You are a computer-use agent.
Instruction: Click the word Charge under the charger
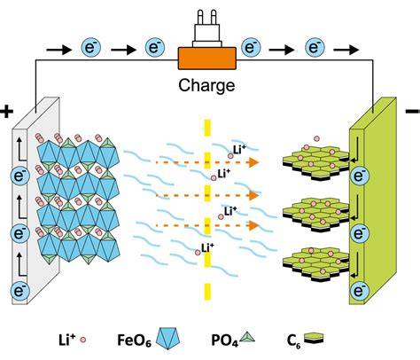click(206, 86)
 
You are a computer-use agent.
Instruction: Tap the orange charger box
click(206, 59)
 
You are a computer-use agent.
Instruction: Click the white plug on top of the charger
click(206, 28)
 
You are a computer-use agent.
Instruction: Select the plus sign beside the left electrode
click(7, 112)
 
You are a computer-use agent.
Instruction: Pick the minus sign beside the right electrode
click(414, 111)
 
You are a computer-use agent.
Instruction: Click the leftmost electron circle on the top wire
click(91, 47)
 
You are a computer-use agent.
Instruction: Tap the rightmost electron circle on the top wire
click(315, 47)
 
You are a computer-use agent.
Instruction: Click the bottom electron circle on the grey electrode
click(20, 291)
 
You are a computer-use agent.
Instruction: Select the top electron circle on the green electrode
click(359, 176)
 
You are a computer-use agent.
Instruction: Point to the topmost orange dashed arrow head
click(254, 162)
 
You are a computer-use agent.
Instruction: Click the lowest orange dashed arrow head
click(254, 225)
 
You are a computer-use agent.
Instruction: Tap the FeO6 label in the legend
click(135, 340)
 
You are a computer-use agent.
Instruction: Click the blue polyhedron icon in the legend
click(167, 339)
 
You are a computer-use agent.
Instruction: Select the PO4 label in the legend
click(224, 340)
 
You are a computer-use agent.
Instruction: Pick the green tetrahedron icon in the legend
click(247, 337)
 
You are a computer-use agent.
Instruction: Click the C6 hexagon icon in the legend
click(314, 338)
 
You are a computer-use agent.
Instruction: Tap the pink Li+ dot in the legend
click(83, 340)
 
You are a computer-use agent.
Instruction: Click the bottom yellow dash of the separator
click(207, 292)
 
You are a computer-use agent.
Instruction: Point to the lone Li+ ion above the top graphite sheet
click(317, 138)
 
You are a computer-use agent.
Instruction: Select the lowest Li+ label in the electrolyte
click(207, 247)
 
